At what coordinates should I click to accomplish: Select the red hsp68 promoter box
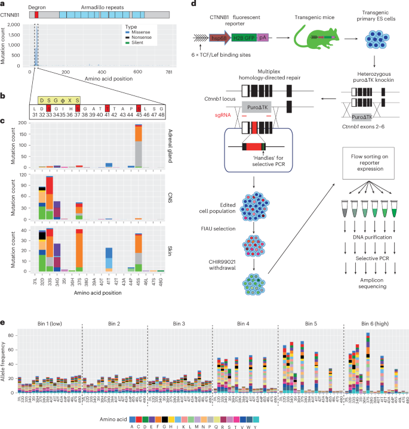222,38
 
